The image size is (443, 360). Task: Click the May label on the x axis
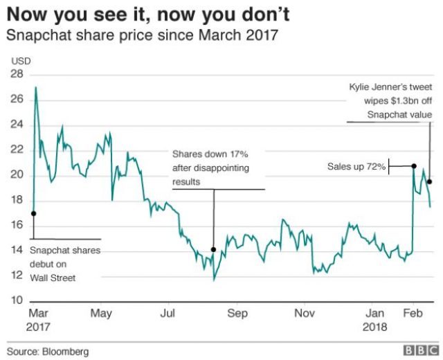102,313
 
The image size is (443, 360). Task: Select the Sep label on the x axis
237,313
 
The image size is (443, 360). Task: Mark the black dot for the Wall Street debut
33,213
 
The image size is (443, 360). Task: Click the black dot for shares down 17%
213,249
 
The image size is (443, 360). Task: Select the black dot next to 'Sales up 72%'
413,166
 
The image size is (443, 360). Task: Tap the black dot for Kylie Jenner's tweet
430,181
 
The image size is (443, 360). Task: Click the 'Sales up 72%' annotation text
356,167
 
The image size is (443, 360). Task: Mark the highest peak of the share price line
36,87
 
